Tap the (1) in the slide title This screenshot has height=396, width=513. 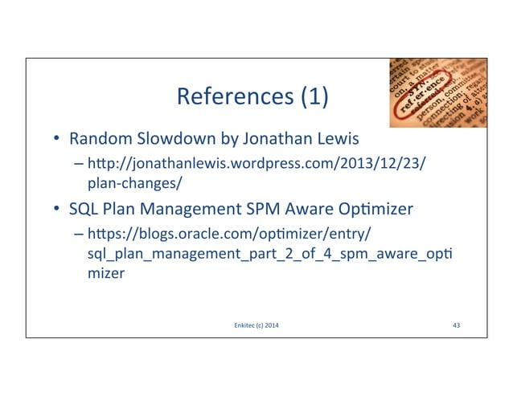point(314,99)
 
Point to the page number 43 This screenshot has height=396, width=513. point(456,325)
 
